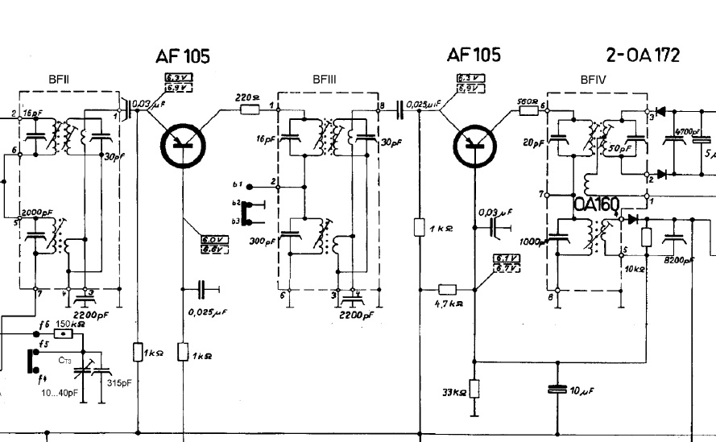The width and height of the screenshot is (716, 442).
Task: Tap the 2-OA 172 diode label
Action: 642,55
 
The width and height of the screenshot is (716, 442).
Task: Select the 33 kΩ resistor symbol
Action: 474,389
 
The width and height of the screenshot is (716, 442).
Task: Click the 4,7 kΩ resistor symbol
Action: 448,289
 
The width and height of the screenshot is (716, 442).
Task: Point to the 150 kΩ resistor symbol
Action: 64,333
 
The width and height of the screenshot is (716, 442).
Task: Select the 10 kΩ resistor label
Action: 636,269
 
